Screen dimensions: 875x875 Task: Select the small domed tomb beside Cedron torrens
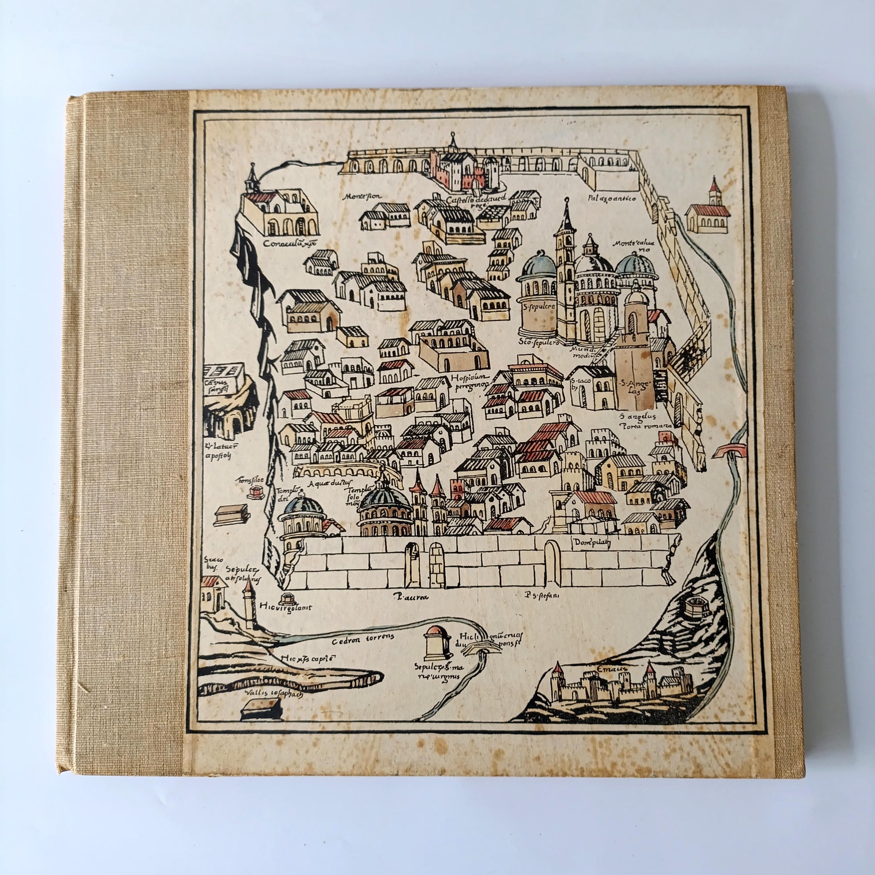point(437,643)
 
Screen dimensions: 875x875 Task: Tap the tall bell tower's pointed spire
point(566,215)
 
